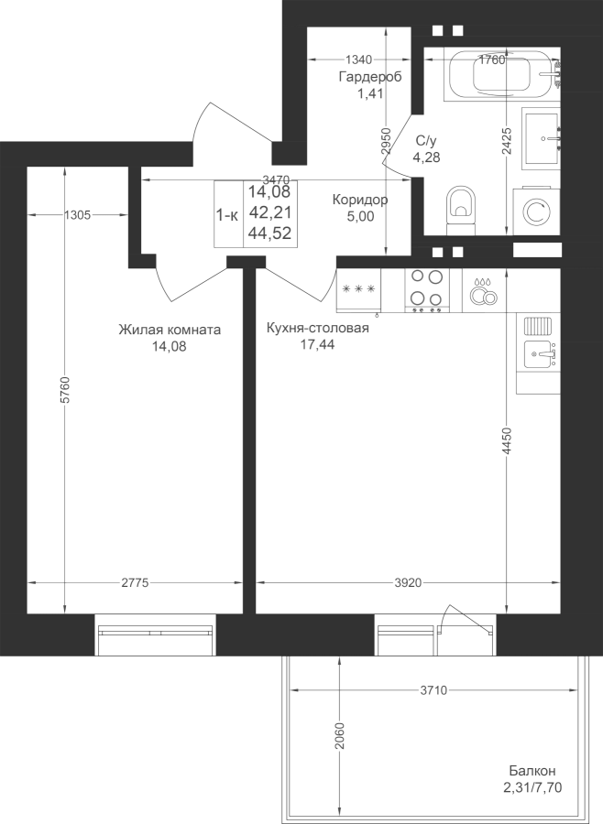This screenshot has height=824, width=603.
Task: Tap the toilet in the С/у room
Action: point(461,211)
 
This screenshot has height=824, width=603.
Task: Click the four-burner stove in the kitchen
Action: point(427,290)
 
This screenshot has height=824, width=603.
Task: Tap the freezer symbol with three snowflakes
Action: point(358,290)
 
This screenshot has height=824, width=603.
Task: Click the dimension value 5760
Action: point(65,390)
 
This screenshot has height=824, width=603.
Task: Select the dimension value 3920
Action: point(409,583)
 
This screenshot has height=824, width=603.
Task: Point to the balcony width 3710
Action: point(433,690)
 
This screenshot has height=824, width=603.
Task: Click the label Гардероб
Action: point(370,77)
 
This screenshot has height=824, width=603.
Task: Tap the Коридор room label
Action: point(360,200)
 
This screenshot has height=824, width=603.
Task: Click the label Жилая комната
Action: point(170,330)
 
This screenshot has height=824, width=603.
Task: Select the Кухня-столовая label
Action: point(318,328)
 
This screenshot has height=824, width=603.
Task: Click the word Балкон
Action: point(532,771)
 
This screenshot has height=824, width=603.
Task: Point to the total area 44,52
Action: point(270,233)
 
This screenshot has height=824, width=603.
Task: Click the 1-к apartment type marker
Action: point(227,214)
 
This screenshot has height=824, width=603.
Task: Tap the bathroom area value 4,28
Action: point(426,157)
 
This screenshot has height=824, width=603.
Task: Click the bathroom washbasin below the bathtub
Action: point(541,139)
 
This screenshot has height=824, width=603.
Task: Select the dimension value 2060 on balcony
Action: point(339,737)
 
